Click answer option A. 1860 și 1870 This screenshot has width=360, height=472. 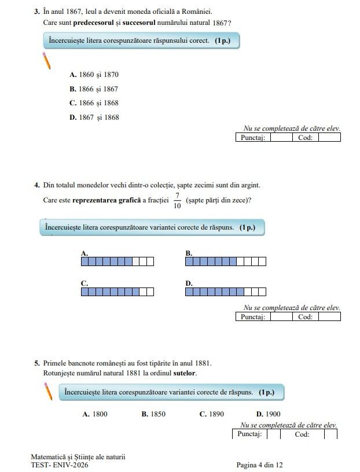pyautogui.click(x=94, y=75)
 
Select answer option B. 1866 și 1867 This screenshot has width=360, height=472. pyautogui.click(x=94, y=89)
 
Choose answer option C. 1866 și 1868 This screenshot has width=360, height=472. pyautogui.click(x=94, y=103)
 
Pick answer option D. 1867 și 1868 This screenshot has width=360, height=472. pyautogui.click(x=94, y=117)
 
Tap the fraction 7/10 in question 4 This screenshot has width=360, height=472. pyautogui.click(x=177, y=201)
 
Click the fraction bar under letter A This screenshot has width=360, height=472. pyautogui.click(x=117, y=261)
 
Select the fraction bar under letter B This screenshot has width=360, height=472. pyautogui.click(x=226, y=261)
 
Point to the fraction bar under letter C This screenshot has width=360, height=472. pyautogui.click(x=117, y=292)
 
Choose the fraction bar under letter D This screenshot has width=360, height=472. pyautogui.click(x=226, y=292)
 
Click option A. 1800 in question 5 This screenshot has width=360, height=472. pyautogui.click(x=95, y=414)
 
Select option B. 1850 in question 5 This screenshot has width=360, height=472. pyautogui.click(x=153, y=414)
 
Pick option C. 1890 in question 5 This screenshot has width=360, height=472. pyautogui.click(x=212, y=414)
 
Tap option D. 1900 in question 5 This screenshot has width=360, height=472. pyautogui.click(x=268, y=414)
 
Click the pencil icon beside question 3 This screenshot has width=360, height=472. pyautogui.click(x=47, y=60)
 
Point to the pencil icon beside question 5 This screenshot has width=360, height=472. pyautogui.click(x=49, y=392)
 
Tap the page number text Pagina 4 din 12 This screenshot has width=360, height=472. pyautogui.click(x=259, y=465)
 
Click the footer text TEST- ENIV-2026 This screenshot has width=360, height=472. pyautogui.click(x=60, y=465)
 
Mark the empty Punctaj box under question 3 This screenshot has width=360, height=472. pyautogui.click(x=281, y=138)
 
